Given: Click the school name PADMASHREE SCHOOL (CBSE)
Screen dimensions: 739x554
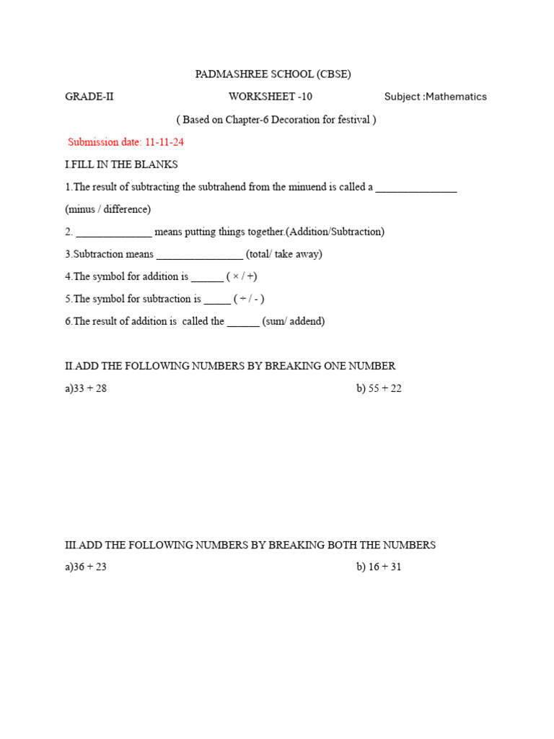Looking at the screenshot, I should coord(273,74).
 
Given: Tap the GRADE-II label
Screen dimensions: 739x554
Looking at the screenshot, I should coord(89,97).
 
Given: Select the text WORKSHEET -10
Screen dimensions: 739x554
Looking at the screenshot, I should coord(271,97).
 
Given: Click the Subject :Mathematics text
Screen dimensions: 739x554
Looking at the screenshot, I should coord(435,97).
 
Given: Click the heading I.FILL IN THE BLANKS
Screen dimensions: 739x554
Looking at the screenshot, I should coord(121,165).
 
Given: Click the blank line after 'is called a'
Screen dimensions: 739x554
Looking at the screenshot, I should coord(416,188).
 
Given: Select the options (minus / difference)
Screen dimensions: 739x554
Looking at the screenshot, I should coord(107,209).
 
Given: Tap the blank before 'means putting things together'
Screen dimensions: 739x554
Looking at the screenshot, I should coord(114,233).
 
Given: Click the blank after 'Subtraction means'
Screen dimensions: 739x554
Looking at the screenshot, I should coord(200,255).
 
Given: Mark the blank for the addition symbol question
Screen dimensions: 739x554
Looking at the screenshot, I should coord(208,278).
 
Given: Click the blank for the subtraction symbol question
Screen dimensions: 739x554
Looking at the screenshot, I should coord(217,300).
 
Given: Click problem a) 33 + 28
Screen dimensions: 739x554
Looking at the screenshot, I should coord(86,388).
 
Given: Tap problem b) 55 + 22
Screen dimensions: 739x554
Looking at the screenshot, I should coord(379,388).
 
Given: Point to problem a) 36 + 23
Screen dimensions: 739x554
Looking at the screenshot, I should coord(86,567).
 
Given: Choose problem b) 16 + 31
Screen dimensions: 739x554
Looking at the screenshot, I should coord(379,567).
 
